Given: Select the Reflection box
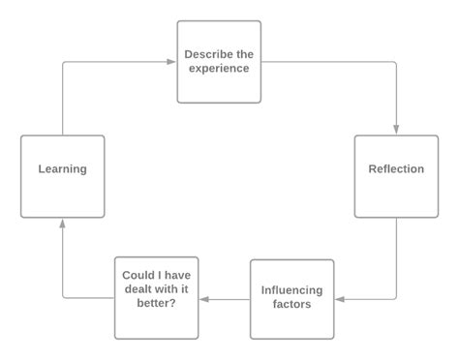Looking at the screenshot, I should [396, 176].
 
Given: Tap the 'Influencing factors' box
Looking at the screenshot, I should [291, 298].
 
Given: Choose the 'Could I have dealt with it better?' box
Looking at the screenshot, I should [156, 297].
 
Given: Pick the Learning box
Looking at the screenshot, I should [62, 176].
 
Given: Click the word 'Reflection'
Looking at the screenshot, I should [396, 169].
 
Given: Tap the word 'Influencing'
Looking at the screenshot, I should [291, 290].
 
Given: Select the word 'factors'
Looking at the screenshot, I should [291, 306].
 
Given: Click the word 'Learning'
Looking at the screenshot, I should [62, 169].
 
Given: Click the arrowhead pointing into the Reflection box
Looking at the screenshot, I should [396, 131].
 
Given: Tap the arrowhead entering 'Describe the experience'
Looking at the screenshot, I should [171, 62].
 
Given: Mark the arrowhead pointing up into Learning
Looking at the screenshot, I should [62, 223].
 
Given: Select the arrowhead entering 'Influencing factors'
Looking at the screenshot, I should [339, 299].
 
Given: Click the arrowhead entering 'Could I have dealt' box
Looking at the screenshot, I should [204, 299].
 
